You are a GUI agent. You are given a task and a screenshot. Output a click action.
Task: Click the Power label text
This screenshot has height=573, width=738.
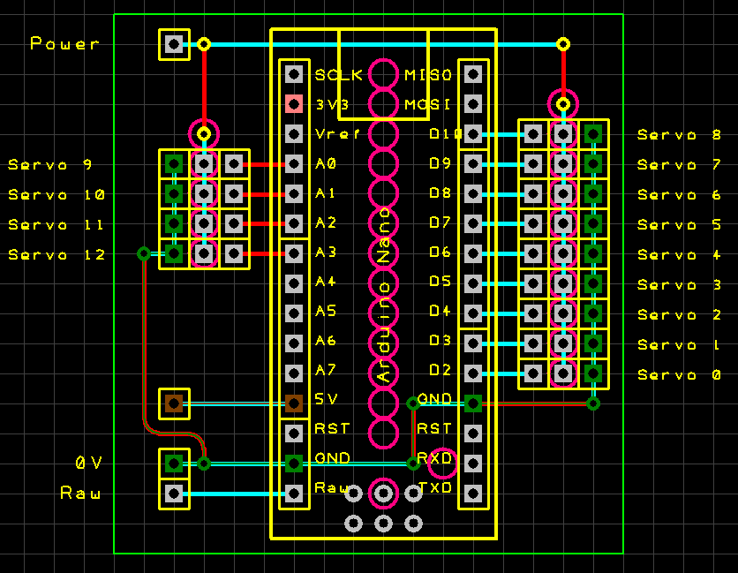tap(65, 43)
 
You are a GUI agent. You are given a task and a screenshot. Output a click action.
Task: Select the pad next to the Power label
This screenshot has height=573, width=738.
tap(174, 44)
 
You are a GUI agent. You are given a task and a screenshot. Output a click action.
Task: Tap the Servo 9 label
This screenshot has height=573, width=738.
tap(50, 164)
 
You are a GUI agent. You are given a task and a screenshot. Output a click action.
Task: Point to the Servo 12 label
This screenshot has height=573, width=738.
tap(57, 254)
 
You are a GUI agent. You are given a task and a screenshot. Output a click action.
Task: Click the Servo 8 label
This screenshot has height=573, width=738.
tap(680, 134)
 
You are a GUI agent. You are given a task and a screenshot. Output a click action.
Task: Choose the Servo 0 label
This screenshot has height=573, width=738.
tap(680, 374)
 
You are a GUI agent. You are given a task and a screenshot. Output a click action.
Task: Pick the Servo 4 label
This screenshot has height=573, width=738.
tap(680, 254)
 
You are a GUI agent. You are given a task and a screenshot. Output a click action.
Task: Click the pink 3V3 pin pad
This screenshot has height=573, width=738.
tap(295, 104)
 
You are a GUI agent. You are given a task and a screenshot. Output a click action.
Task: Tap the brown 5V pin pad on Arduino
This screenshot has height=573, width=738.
tap(295, 403)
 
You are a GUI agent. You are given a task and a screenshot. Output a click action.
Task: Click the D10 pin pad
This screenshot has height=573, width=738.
tap(473, 134)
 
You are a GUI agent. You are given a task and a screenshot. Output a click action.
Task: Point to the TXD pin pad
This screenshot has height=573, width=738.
tap(473, 493)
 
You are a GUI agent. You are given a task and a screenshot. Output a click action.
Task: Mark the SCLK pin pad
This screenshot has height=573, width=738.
tap(295, 74)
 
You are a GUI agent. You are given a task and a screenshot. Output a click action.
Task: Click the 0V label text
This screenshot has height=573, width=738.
tap(88, 463)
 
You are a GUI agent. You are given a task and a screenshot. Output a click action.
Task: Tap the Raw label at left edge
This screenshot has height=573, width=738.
tap(80, 493)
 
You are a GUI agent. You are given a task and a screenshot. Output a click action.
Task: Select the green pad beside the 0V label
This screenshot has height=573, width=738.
tap(174, 463)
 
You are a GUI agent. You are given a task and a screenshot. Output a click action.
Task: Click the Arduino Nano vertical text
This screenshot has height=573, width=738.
tap(384, 296)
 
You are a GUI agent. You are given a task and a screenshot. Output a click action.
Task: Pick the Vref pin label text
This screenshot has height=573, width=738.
tap(337, 134)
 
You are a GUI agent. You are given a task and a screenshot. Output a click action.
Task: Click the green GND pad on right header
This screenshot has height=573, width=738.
tap(473, 403)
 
